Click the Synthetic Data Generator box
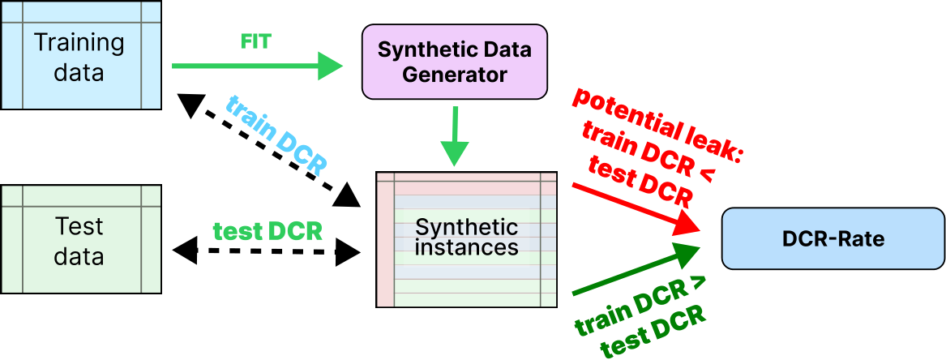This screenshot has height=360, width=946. pyautogui.click(x=455, y=62)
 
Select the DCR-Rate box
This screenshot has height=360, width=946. pyautogui.click(x=833, y=239)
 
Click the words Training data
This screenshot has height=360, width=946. pyautogui.click(x=79, y=57)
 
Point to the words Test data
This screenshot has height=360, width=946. pyautogui.click(x=79, y=242)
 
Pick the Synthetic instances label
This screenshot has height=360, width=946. pyautogui.click(x=466, y=236)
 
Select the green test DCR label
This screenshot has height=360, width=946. pyautogui.click(x=268, y=230)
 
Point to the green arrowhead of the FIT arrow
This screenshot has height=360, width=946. pyautogui.click(x=330, y=66)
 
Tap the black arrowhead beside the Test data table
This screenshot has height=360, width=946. pyautogui.click(x=185, y=246)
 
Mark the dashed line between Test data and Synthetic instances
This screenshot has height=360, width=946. pyautogui.click(x=268, y=251)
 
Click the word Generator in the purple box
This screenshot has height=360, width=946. pyautogui.click(x=455, y=75)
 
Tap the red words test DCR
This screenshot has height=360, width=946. pyautogui.click(x=641, y=182)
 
